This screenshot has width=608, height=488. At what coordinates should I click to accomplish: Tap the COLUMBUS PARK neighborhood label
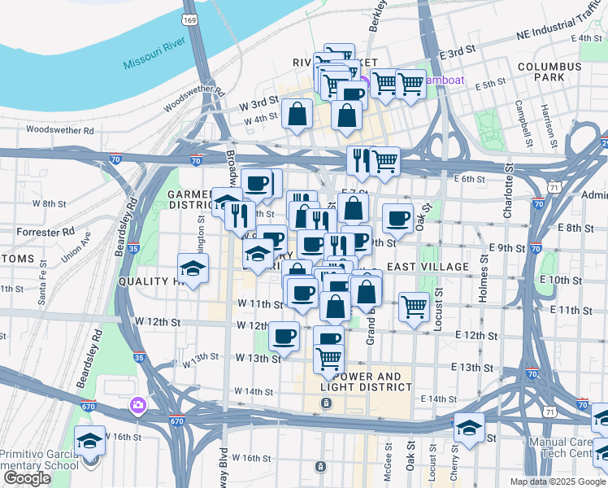pyautogui.click(x=549, y=72)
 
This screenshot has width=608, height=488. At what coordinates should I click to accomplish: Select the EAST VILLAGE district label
pyautogui.click(x=427, y=267)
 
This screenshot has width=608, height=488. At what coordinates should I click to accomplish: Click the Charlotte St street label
pyautogui.click(x=508, y=192)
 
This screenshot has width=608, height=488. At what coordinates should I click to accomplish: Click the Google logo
pyautogui.click(x=27, y=478)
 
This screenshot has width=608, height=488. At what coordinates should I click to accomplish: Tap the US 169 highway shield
pyautogui.click(x=190, y=19)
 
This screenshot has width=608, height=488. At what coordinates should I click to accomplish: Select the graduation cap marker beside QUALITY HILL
pyautogui.click(x=193, y=268)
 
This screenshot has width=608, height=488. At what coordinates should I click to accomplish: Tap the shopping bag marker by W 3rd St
pyautogui.click(x=297, y=115)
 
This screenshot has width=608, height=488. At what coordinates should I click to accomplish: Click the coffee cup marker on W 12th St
pyautogui.click(x=284, y=335)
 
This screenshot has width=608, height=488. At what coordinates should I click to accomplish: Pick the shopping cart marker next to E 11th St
pyautogui.click(x=414, y=307)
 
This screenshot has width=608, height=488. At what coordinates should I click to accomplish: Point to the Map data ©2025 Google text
pyautogui.click(x=558, y=481)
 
